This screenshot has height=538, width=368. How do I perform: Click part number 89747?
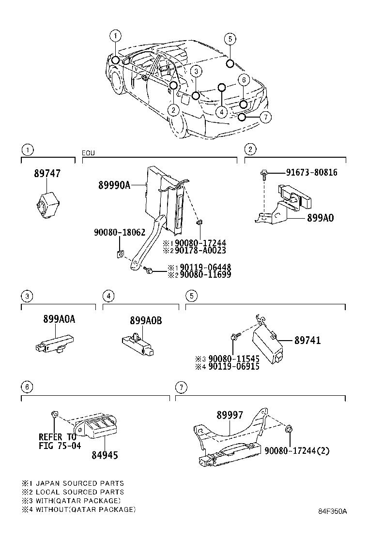47,174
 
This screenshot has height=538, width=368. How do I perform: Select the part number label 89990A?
114,184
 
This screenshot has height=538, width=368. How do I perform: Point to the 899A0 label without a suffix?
320,218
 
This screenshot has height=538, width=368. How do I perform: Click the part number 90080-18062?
120,233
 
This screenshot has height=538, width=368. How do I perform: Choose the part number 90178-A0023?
200,251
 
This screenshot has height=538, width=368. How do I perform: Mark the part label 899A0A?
59,319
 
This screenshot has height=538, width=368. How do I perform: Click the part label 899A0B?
146,320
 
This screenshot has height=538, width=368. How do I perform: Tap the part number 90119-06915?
234,366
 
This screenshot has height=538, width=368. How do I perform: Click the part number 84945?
105,455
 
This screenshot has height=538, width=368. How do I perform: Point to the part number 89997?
230,415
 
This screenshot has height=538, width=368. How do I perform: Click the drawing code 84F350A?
333,511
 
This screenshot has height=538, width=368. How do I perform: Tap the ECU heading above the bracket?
88,153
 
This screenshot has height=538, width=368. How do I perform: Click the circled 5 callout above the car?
230,39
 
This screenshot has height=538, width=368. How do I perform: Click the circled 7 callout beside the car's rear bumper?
265,117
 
